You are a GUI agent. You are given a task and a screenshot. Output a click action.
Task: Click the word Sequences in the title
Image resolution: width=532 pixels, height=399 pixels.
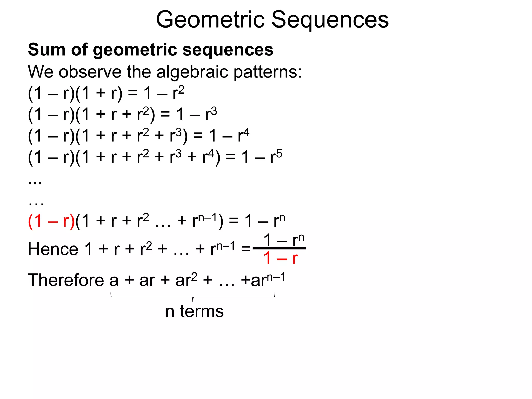(x=330, y=20)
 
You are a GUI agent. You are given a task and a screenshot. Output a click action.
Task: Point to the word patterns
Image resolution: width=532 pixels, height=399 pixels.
(x=268, y=72)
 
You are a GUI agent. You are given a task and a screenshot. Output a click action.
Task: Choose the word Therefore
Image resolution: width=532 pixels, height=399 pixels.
(x=66, y=280)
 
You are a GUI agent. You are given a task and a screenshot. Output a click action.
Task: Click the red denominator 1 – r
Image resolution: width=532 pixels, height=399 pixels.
(x=280, y=258)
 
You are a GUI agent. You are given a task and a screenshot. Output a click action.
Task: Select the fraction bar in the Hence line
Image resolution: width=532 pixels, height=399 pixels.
(x=279, y=249)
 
